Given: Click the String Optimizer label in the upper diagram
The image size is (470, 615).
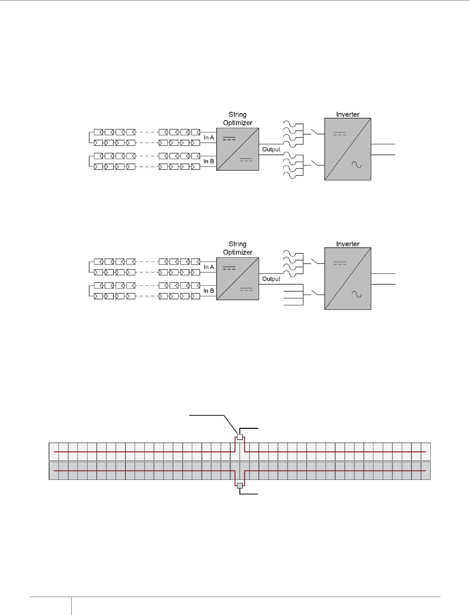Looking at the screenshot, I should (238, 119).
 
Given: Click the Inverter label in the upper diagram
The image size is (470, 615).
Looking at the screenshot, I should (347, 115).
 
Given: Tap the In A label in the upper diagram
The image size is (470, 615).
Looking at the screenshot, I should (209, 138).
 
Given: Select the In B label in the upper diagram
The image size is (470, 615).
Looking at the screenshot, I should (209, 161).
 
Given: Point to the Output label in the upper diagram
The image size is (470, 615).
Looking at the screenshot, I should (271, 149).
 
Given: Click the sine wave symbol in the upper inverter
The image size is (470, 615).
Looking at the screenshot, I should (356, 165).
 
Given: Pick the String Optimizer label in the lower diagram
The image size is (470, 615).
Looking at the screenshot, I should (238, 248).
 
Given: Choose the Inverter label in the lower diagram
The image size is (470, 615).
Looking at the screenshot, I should (347, 244).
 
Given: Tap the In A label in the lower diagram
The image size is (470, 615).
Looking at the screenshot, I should (209, 267).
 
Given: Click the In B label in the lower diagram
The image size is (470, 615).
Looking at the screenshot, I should (209, 291).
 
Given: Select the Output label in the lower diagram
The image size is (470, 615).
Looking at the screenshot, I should (271, 279).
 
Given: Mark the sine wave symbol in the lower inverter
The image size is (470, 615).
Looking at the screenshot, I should (356, 294).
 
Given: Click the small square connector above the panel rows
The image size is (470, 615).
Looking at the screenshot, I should (240, 437).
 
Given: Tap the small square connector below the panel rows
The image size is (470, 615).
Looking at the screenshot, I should (240, 486).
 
